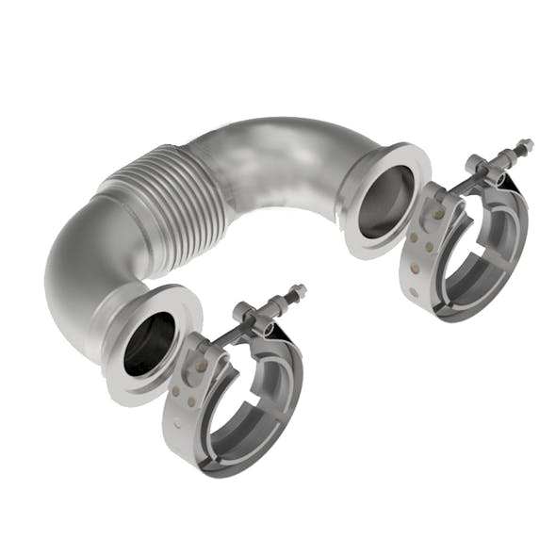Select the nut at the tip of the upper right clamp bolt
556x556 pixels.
(523, 147)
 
